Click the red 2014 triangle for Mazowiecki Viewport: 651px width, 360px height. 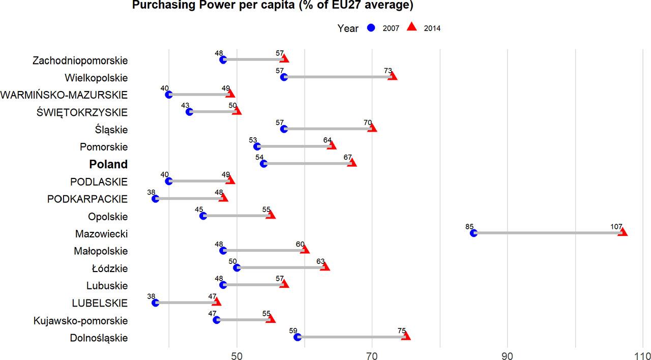623,232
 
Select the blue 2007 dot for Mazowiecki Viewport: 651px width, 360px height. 474,233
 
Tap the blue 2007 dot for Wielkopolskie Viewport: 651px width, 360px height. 284,77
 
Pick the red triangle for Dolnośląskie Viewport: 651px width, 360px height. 406,336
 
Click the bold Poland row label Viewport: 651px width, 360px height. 108,164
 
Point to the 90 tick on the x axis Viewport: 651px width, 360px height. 507,354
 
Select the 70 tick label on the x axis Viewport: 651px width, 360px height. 372,354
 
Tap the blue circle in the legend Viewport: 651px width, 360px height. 371,28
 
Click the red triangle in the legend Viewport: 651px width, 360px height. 412,27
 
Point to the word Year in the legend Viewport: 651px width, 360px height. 348,28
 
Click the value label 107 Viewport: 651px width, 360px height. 616,226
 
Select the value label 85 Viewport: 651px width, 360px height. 469,226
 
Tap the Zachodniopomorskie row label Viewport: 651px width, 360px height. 80,61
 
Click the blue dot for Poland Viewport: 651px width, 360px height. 263,164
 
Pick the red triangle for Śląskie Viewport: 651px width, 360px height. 372,128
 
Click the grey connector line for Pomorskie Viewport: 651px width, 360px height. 294,146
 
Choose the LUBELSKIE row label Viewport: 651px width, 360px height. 100,304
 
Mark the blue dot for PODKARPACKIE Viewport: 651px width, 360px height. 155,198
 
